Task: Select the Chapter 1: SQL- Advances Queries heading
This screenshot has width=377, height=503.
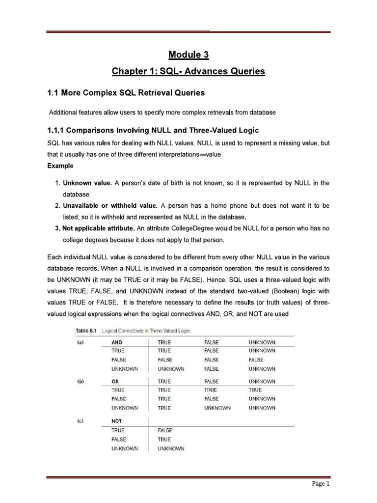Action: (x=189, y=72)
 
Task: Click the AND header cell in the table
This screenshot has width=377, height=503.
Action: (x=117, y=342)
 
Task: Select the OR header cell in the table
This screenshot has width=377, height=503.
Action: (x=115, y=381)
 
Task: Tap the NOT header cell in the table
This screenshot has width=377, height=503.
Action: (x=117, y=421)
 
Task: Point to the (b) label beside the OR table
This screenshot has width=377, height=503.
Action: (x=79, y=381)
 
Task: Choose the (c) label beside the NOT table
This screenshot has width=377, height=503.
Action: (x=79, y=421)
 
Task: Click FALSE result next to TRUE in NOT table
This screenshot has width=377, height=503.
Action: (x=165, y=430)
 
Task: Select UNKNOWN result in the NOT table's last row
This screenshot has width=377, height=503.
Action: (x=171, y=448)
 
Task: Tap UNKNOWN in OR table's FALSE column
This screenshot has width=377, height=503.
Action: (x=217, y=408)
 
